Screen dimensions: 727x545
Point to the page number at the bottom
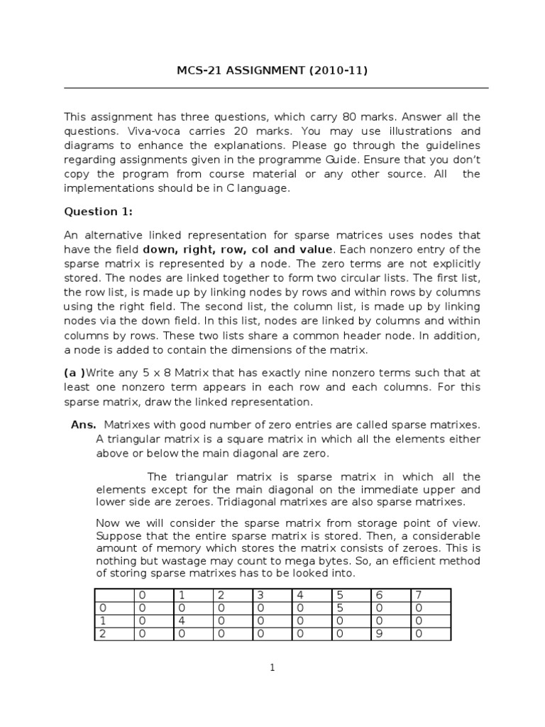click(272, 667)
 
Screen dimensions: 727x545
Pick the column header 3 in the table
click(260, 595)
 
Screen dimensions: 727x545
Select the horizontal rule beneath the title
click(276, 88)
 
